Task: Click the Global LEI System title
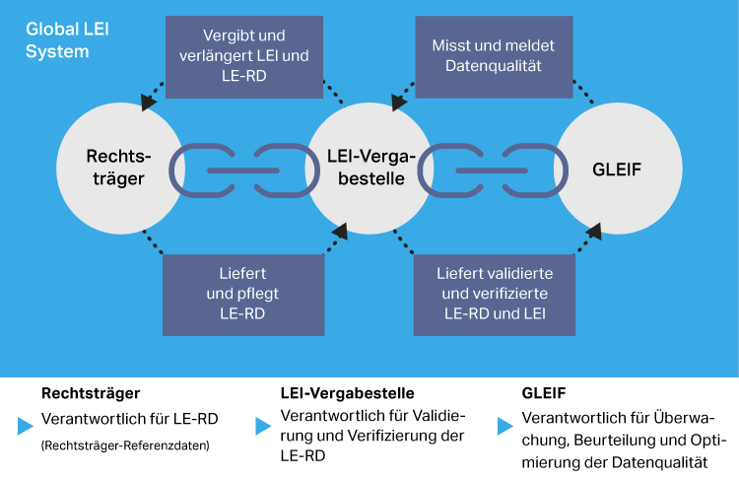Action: (67, 39)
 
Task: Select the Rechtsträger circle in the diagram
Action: (118, 169)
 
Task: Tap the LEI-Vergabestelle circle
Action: (370, 169)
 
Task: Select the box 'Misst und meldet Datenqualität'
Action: (494, 56)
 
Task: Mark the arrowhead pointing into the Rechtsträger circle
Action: (148, 102)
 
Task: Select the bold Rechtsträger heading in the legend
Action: (84, 393)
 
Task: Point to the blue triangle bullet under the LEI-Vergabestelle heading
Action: (263, 426)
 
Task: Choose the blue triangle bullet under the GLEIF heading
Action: (504, 426)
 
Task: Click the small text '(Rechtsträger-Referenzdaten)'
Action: (125, 445)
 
